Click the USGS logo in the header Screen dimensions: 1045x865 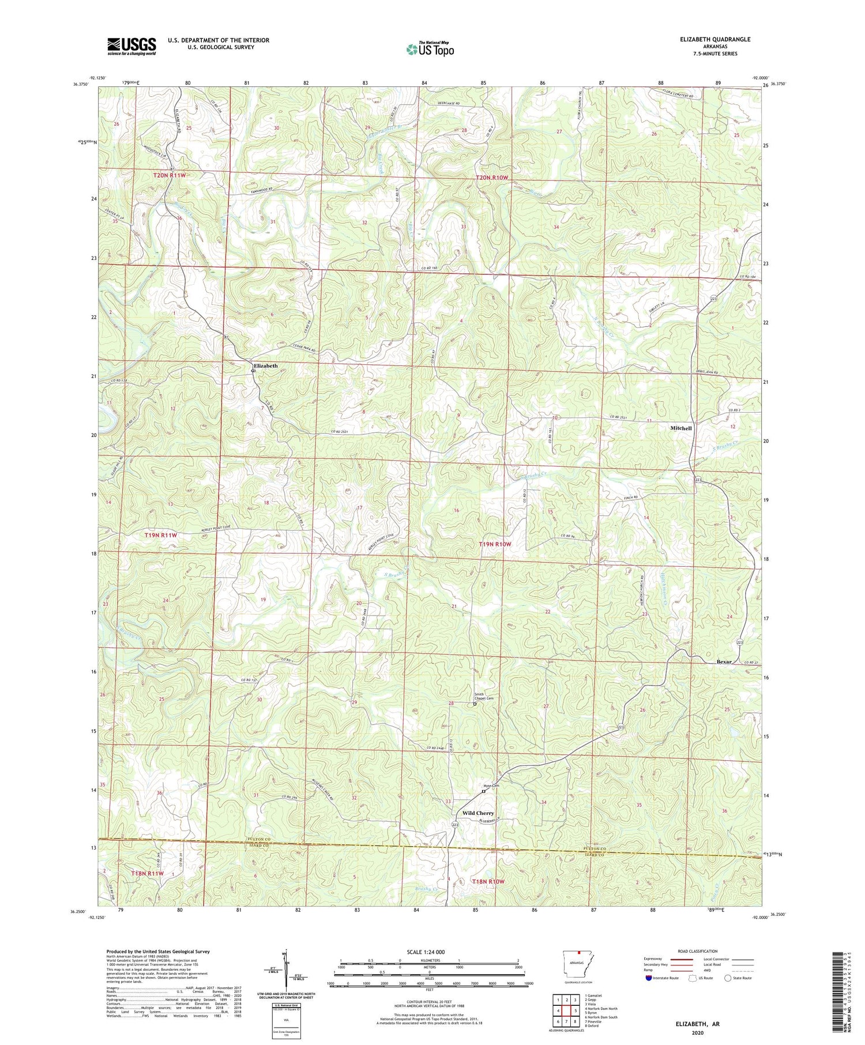coord(131,46)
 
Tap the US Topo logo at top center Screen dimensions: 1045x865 coord(430,50)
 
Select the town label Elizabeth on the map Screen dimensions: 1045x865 coord(266,366)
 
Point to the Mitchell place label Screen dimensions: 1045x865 coord(680,428)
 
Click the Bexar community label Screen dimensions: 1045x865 coord(724,662)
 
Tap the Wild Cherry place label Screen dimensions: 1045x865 coord(478,813)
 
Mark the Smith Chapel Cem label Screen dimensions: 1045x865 coord(484,696)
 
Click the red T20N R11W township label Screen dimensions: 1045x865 coord(170,175)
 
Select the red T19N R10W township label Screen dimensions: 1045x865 coord(495,544)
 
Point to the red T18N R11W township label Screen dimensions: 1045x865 coord(148,873)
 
